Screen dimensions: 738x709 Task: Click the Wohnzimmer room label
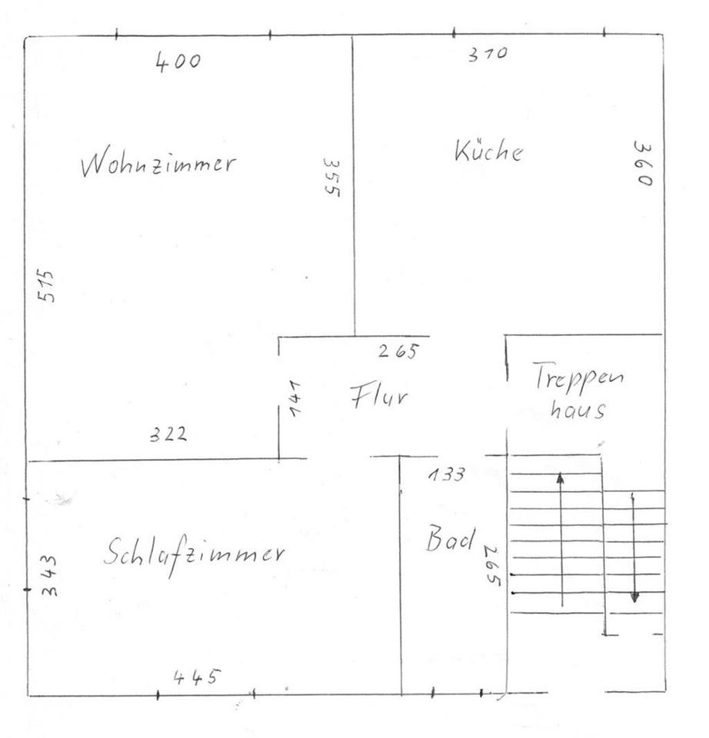tap(158, 165)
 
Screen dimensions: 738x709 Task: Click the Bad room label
tap(451, 538)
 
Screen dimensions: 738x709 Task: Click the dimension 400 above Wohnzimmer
tap(178, 61)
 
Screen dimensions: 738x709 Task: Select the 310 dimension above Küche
tap(488, 54)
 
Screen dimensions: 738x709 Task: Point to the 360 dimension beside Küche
tap(643, 163)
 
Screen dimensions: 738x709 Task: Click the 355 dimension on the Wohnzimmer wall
tap(331, 178)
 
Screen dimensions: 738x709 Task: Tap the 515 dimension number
tap(47, 285)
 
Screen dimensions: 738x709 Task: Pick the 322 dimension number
tap(168, 434)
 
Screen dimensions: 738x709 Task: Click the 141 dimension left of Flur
tap(295, 397)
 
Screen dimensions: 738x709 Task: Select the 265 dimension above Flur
tap(398, 352)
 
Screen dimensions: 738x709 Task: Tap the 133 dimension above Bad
tap(446, 475)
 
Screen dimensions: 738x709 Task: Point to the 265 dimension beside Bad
tap(492, 566)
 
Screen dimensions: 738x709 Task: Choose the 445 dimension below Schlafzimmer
tap(196, 677)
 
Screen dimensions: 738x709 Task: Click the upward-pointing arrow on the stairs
tap(561, 538)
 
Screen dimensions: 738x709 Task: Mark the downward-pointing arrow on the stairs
tap(634, 547)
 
